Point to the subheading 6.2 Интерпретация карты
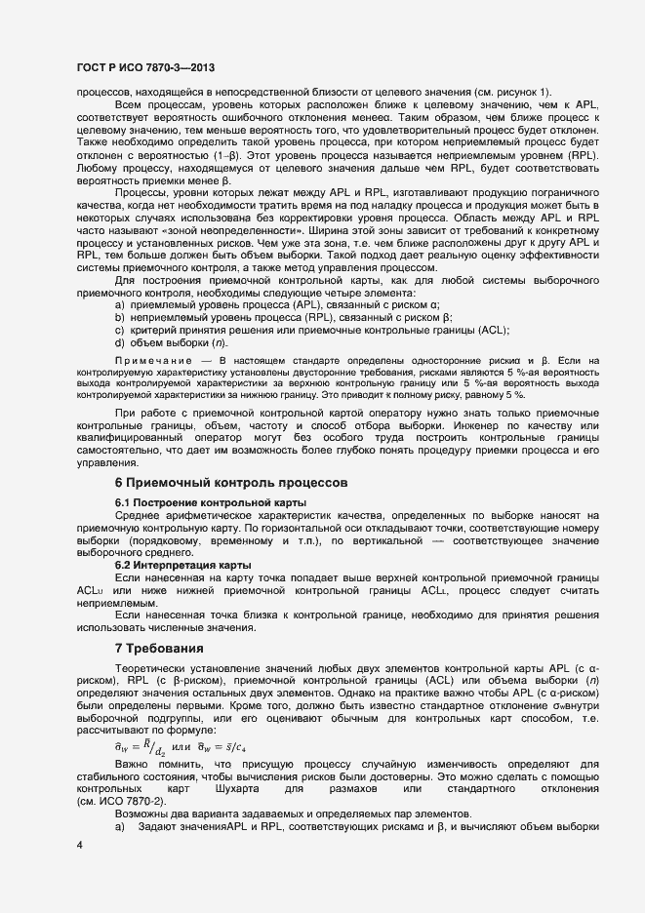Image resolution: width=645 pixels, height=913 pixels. point(183,565)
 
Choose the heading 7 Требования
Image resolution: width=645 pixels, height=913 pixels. point(160,649)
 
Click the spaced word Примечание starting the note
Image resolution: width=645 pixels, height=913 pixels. point(158,363)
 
